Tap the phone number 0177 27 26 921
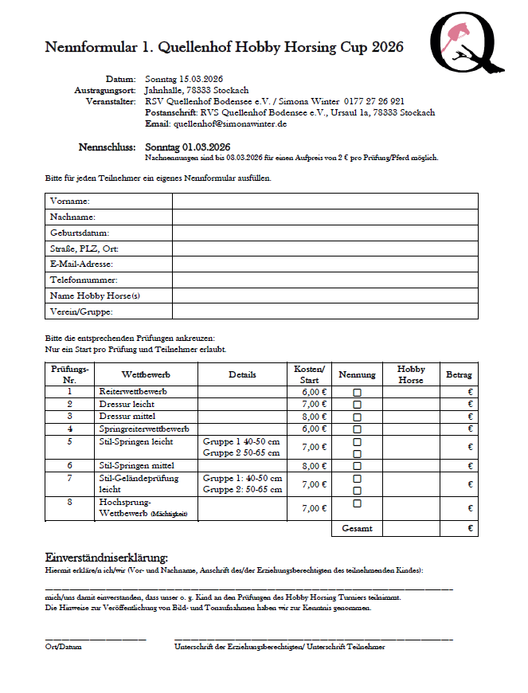tap(374, 101)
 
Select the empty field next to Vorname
tap(325, 201)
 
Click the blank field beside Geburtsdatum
tap(325, 233)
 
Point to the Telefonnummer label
tap(84, 280)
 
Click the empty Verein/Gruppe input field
tap(325, 311)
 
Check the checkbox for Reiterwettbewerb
tap(357, 393)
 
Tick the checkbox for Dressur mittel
tap(357, 417)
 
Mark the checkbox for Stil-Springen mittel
tap(357, 466)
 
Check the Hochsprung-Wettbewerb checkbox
tap(357, 503)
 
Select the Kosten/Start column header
tap(309, 374)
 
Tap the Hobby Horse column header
tap(411, 374)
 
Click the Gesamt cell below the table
tap(357, 528)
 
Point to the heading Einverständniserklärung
tap(107, 557)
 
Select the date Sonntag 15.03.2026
tap(183, 79)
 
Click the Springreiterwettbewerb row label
tap(143, 429)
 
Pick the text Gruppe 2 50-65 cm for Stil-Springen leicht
tap(241, 452)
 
